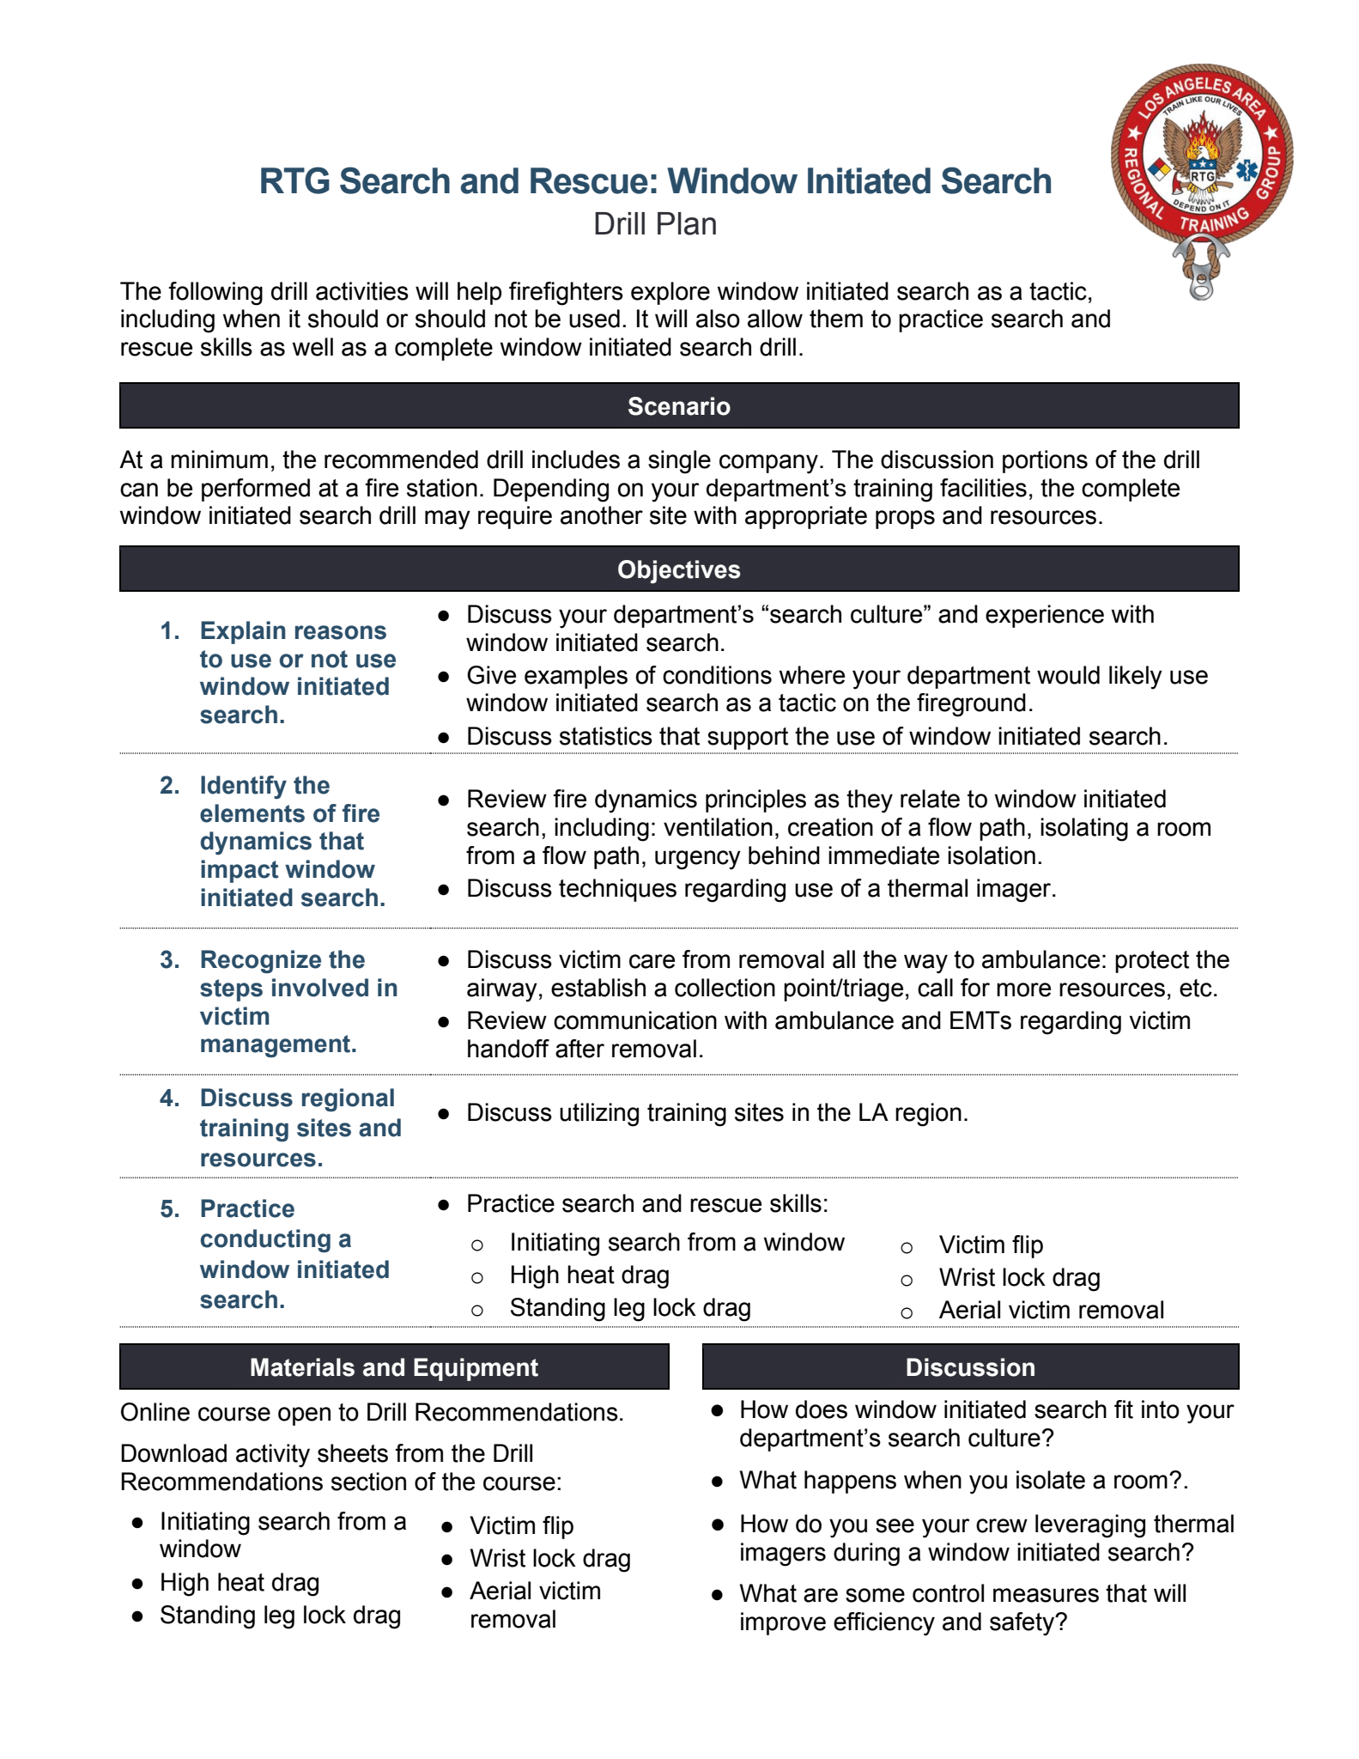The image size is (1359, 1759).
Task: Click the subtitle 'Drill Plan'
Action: coord(655,224)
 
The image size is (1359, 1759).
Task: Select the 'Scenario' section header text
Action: coord(678,406)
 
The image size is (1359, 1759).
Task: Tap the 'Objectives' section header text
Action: coord(678,569)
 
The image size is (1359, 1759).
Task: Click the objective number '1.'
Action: coord(170,631)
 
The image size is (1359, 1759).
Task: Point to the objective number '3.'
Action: coord(170,960)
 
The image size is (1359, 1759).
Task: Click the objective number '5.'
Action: coord(170,1209)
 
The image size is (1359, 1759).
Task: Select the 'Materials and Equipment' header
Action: coord(393,1367)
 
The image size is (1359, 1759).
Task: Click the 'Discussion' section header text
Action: coord(970,1367)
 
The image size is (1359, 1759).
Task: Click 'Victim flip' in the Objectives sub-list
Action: coord(991,1245)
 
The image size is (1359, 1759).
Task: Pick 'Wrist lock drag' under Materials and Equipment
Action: coord(550,1559)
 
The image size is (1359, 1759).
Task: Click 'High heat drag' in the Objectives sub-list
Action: coord(589,1275)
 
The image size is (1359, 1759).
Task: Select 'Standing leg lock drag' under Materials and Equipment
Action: coord(280,1616)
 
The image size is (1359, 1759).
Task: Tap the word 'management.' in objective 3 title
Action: coord(278,1044)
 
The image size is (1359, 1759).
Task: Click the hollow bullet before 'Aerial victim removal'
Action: coord(907,1312)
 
